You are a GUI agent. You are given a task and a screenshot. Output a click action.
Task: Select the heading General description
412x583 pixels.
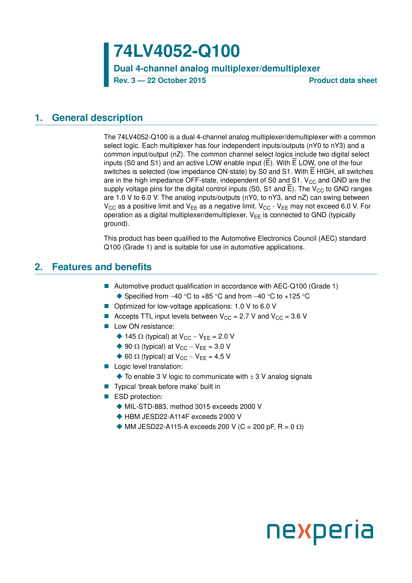97,118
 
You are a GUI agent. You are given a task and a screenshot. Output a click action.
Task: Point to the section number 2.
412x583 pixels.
38,267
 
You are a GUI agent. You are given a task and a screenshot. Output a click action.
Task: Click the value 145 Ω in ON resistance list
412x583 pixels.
134,337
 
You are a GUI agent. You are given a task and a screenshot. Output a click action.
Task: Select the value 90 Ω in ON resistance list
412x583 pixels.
132,347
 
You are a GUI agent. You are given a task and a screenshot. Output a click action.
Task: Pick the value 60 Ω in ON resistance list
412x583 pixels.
132,357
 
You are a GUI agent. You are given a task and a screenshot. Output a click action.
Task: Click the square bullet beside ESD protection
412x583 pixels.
107,397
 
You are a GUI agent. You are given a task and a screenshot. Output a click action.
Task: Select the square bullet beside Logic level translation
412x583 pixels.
107,366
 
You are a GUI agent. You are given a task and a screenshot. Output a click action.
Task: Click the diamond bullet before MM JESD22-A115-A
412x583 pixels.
119,427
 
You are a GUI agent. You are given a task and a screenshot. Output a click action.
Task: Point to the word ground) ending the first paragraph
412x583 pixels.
116,224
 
